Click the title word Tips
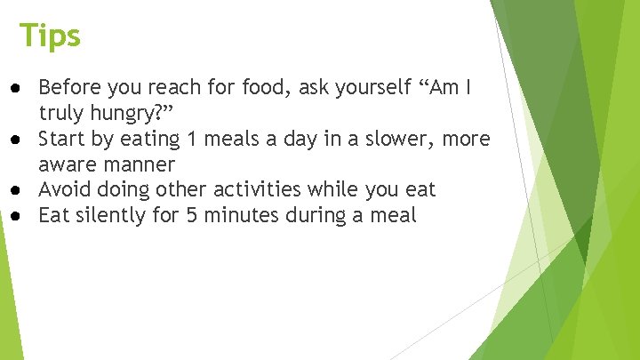click(x=51, y=36)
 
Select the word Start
click(x=62, y=140)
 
